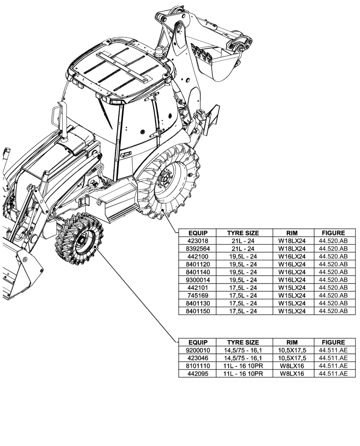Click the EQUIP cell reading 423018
pyautogui.click(x=197, y=241)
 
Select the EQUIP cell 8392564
pyautogui.click(x=197, y=248)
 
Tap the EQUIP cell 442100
pyautogui.click(x=197, y=256)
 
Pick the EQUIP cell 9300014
pyautogui.click(x=197, y=280)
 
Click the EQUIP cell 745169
pyautogui.click(x=197, y=295)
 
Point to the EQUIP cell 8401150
pyautogui.click(x=197, y=311)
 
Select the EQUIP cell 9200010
pyautogui.click(x=197, y=350)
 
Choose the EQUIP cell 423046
pyautogui.click(x=197, y=358)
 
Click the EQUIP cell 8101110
pyautogui.click(x=197, y=366)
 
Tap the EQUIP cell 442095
pyautogui.click(x=197, y=373)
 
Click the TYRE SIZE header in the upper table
pyautogui.click(x=243, y=233)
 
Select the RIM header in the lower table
pyautogui.click(x=292, y=343)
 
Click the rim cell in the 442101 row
pyautogui.click(x=292, y=288)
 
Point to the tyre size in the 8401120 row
pyautogui.click(x=243, y=264)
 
